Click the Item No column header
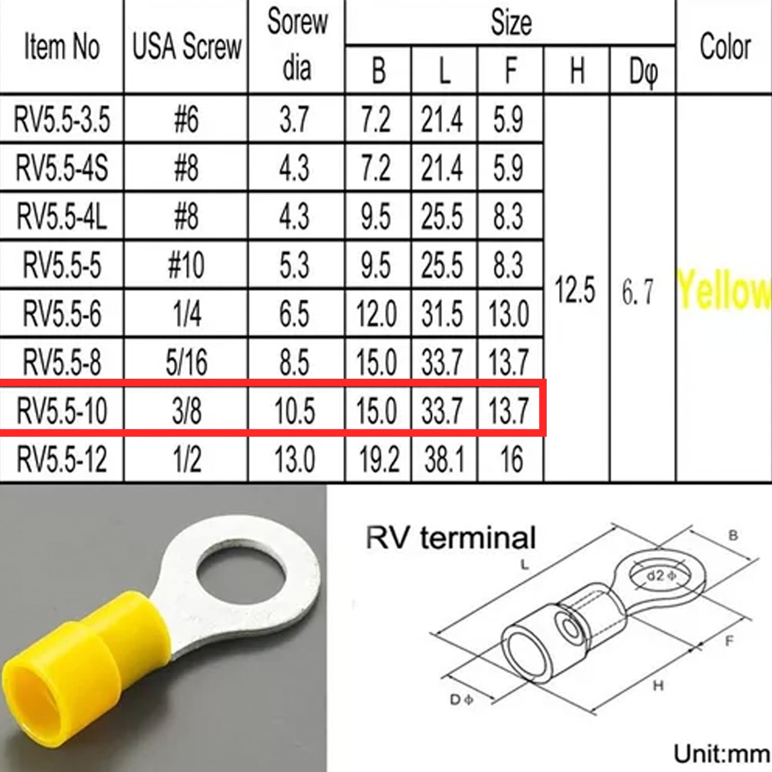[x=62, y=47]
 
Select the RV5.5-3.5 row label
[x=62, y=119]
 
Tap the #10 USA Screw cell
[x=186, y=265]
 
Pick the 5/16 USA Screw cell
[x=186, y=362]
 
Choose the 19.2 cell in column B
[x=378, y=459]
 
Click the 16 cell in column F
[x=510, y=459]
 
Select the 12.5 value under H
[x=575, y=290]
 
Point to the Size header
[x=511, y=23]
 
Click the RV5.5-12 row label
[x=62, y=459]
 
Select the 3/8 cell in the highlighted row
[x=186, y=411]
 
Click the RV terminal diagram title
[x=451, y=538]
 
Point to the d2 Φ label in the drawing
[x=661, y=576]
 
